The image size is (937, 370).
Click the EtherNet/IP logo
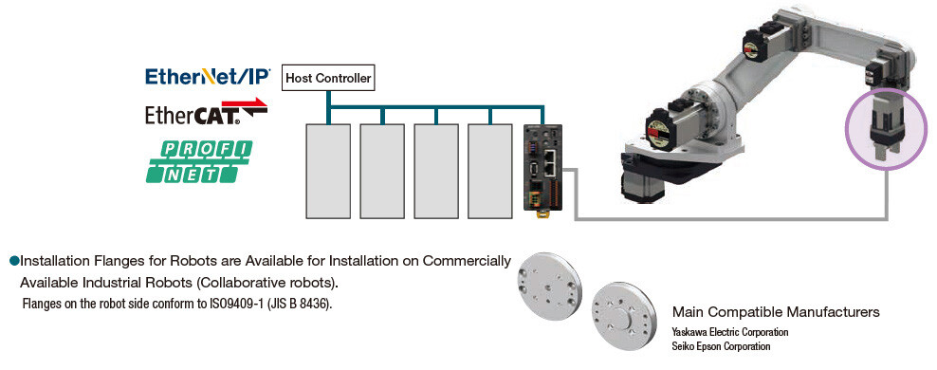click(208, 77)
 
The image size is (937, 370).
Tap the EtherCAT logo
click(205, 113)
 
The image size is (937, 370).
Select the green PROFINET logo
click(198, 160)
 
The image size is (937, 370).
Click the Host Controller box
click(328, 78)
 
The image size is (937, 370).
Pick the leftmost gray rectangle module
click(327, 169)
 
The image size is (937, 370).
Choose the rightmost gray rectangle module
click(489, 169)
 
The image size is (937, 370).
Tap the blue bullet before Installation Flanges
click(14, 260)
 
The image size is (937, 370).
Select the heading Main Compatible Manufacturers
click(776, 312)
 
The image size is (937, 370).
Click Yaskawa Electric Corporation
click(730, 332)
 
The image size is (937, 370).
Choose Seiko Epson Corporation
click(721, 346)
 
